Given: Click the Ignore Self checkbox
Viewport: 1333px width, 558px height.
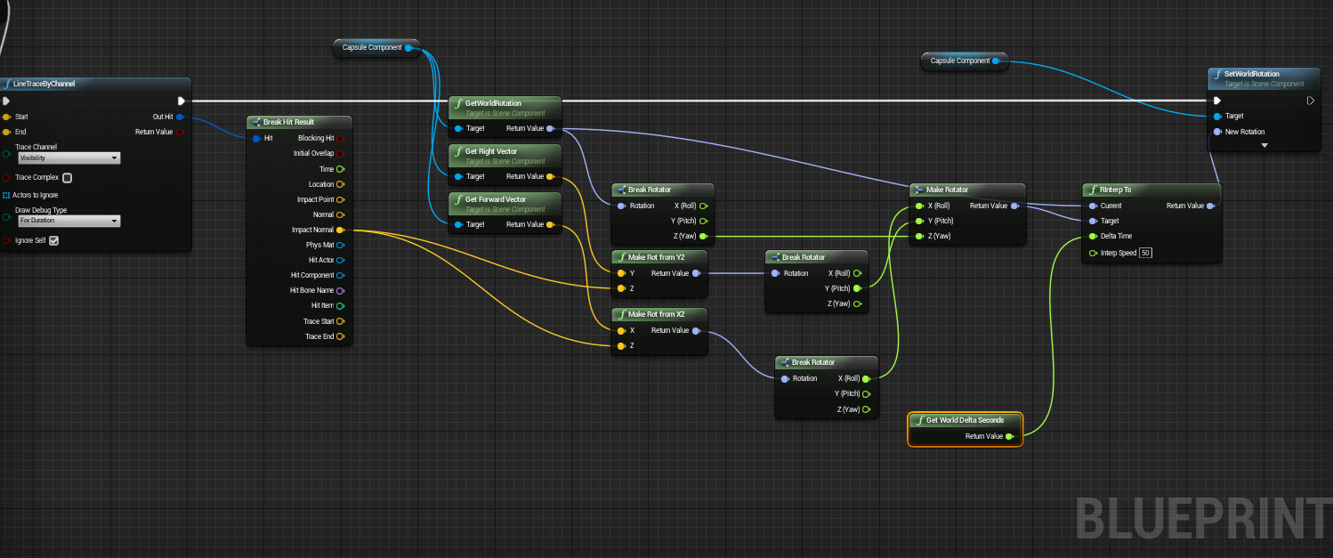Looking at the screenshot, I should click(x=53, y=240).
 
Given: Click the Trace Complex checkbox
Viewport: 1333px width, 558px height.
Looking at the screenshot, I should click(x=67, y=178).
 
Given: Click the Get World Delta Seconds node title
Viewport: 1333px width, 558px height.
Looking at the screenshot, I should click(x=965, y=420).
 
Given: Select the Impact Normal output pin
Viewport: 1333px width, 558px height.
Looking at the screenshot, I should click(x=340, y=230).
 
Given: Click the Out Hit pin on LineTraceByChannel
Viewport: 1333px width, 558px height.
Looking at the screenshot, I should click(x=181, y=117).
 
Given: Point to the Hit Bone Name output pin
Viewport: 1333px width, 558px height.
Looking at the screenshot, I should click(x=340, y=290).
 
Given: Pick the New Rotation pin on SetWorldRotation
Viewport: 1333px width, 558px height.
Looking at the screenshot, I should click(x=1216, y=132).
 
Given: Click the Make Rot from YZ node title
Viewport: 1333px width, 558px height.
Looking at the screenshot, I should click(x=656, y=257).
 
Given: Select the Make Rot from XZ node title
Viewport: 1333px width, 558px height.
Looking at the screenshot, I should click(x=656, y=314).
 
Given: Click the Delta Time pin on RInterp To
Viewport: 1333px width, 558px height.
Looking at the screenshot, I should click(x=1093, y=237).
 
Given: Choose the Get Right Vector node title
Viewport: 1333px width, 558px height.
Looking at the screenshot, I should click(x=490, y=151).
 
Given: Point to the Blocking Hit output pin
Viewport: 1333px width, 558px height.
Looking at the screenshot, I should click(x=340, y=138).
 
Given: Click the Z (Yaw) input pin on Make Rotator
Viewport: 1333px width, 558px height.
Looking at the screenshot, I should click(x=919, y=236).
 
